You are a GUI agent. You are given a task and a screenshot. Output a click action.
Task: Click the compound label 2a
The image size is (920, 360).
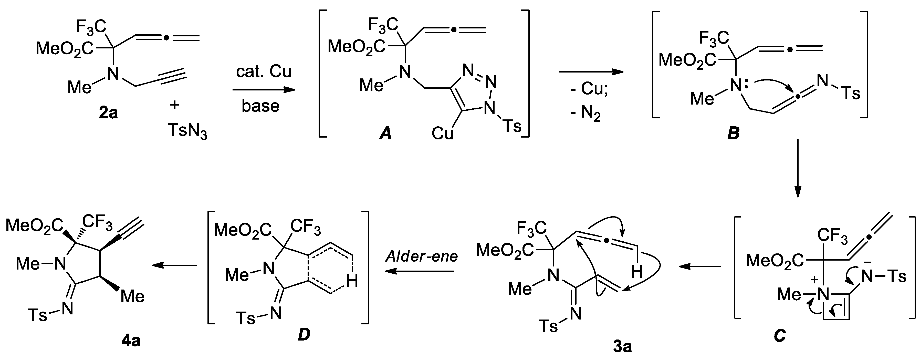[108, 113]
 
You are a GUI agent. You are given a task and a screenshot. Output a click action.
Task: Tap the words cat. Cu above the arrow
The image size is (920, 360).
[264, 71]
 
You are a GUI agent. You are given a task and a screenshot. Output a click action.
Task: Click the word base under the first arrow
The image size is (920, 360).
[260, 106]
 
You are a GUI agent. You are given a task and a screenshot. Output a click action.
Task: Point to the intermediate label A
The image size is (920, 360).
[385, 134]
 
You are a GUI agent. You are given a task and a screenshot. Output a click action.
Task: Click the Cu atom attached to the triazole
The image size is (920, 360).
[442, 133]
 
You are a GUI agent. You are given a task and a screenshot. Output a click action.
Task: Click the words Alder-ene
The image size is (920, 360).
[421, 256]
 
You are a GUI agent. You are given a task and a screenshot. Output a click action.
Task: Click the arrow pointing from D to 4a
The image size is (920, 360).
[174, 265]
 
